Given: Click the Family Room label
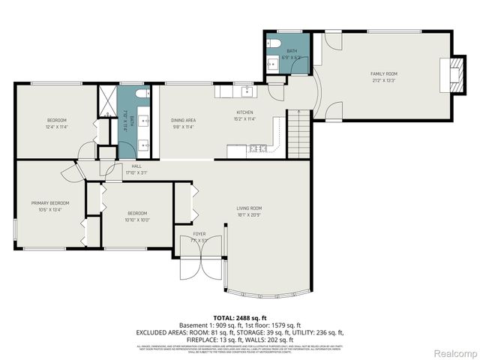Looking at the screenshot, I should coord(382,73).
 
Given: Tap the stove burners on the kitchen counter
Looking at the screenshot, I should coord(257,147).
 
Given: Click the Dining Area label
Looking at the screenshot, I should coord(183,120).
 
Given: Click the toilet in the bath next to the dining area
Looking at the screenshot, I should coord(145,95).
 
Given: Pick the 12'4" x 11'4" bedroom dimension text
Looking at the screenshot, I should coord(57,127).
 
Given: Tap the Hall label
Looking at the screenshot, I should coord(136,166).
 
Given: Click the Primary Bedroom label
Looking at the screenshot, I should coord(50,202).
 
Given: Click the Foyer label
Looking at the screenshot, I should coord(199,234).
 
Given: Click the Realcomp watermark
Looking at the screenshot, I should coord(456,353).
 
